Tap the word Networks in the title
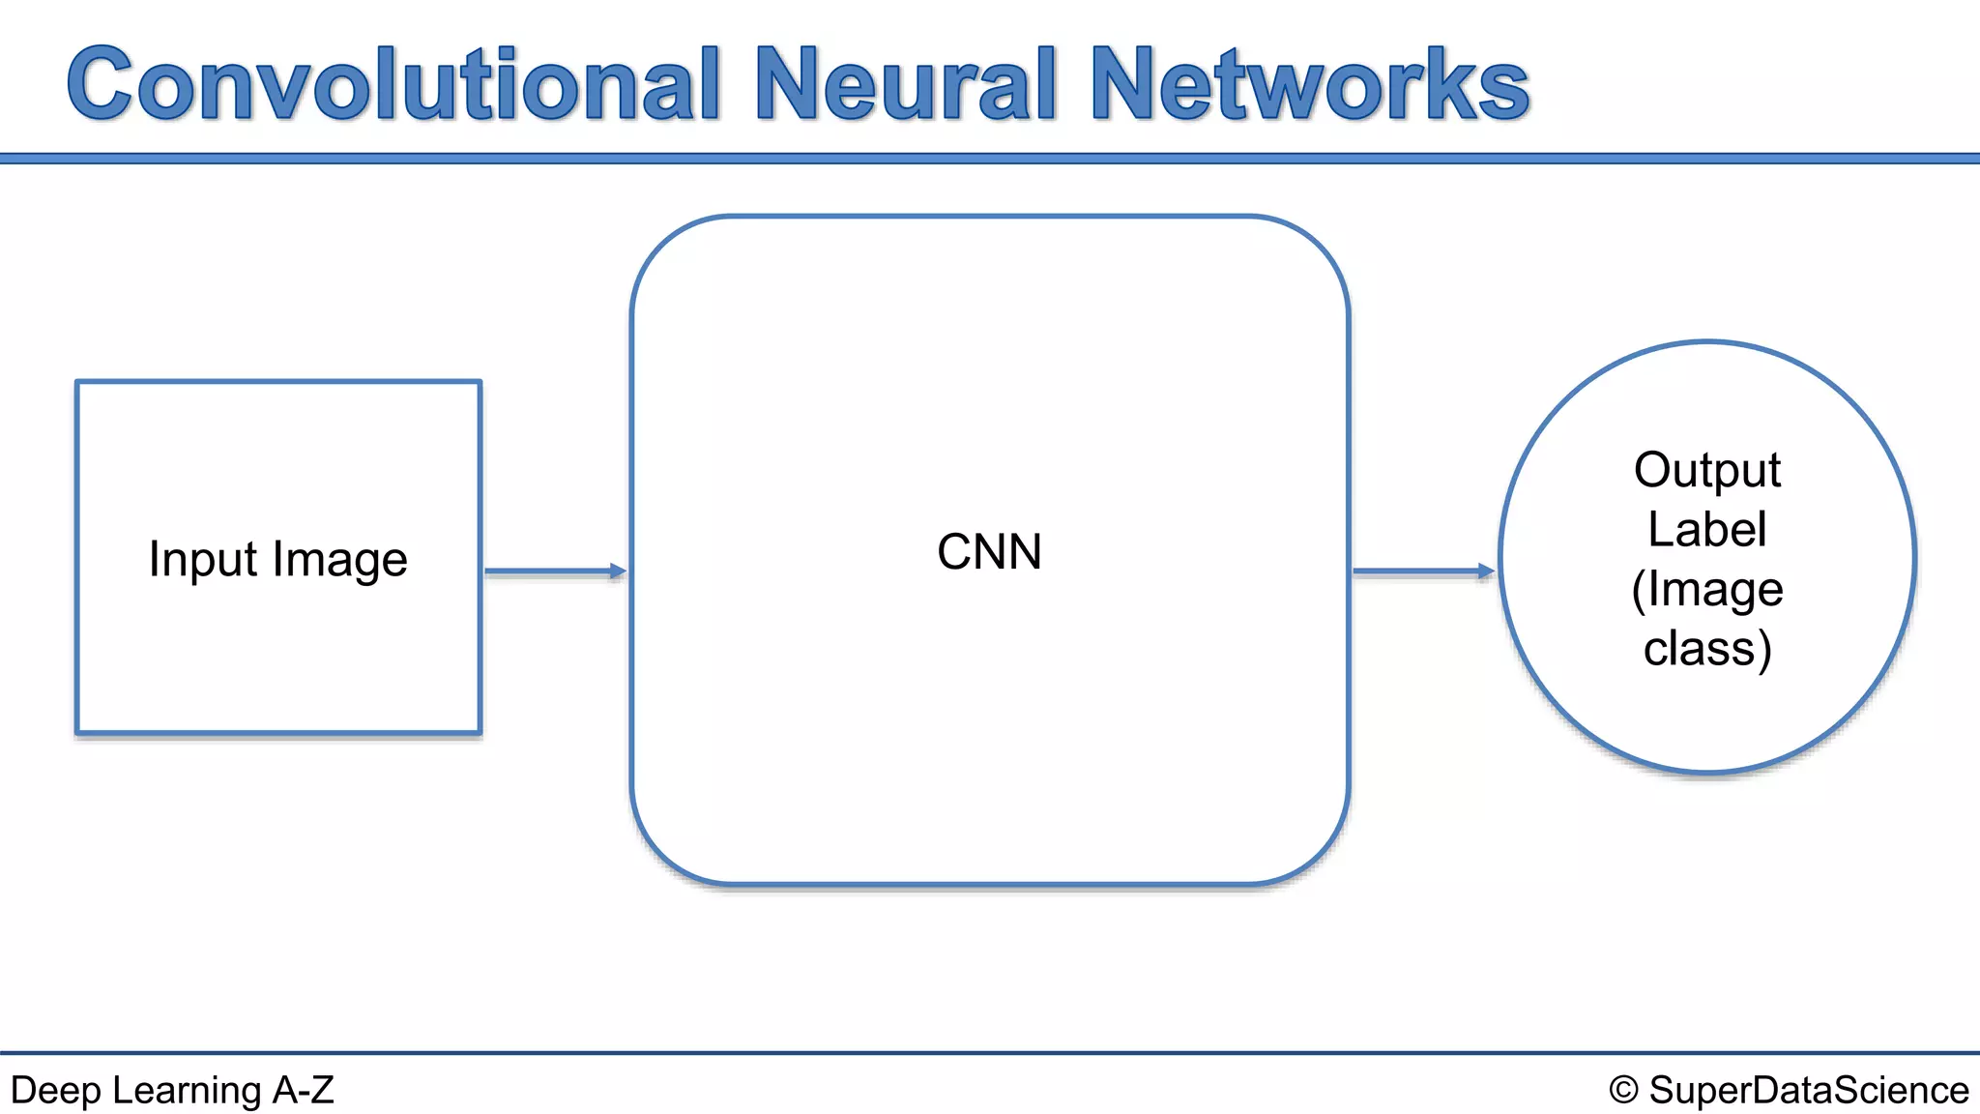[1310, 85]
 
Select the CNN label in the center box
[989, 552]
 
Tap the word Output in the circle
[1707, 471]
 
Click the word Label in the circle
[1707, 530]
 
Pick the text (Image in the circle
[1707, 589]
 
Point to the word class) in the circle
[1707, 648]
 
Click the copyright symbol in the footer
[1624, 1090]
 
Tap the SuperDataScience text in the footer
[1808, 1090]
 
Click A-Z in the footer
[303, 1090]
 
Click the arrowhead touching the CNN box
[618, 572]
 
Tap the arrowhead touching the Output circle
[1486, 572]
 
